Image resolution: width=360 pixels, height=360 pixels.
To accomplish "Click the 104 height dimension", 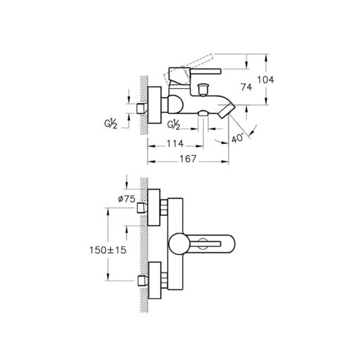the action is point(265,80).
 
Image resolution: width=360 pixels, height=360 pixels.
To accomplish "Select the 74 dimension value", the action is point(246,88).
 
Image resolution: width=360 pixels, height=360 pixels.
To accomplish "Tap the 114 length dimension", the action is point(175,143).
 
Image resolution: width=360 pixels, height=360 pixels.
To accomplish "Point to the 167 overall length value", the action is point(188,159).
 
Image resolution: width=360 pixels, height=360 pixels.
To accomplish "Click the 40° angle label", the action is point(237,138).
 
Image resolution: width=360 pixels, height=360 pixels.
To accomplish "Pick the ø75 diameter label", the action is point(126,199).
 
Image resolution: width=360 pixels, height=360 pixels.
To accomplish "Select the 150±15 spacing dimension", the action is point(108,250).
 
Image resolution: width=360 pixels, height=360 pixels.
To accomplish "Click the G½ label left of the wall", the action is point(111,124).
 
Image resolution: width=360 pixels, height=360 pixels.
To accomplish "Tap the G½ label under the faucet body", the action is point(174,125).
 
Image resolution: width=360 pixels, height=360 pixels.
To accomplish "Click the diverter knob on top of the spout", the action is point(203,90).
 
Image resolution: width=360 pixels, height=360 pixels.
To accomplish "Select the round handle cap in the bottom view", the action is point(179,244).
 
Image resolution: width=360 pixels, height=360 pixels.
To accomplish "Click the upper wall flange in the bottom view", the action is point(154,208).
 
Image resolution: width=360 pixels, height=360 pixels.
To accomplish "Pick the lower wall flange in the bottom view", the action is point(155,280).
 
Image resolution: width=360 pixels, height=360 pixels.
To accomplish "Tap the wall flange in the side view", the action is point(155,105).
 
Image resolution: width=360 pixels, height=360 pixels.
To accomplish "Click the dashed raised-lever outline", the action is point(188,68).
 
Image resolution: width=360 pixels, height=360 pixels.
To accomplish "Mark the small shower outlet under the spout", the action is point(203,114).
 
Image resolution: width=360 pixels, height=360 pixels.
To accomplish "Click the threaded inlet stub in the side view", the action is point(141,109).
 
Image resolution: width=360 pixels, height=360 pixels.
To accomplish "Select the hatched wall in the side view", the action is point(144,105).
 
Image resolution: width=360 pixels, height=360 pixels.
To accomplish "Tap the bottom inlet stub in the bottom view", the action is point(142,281).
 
